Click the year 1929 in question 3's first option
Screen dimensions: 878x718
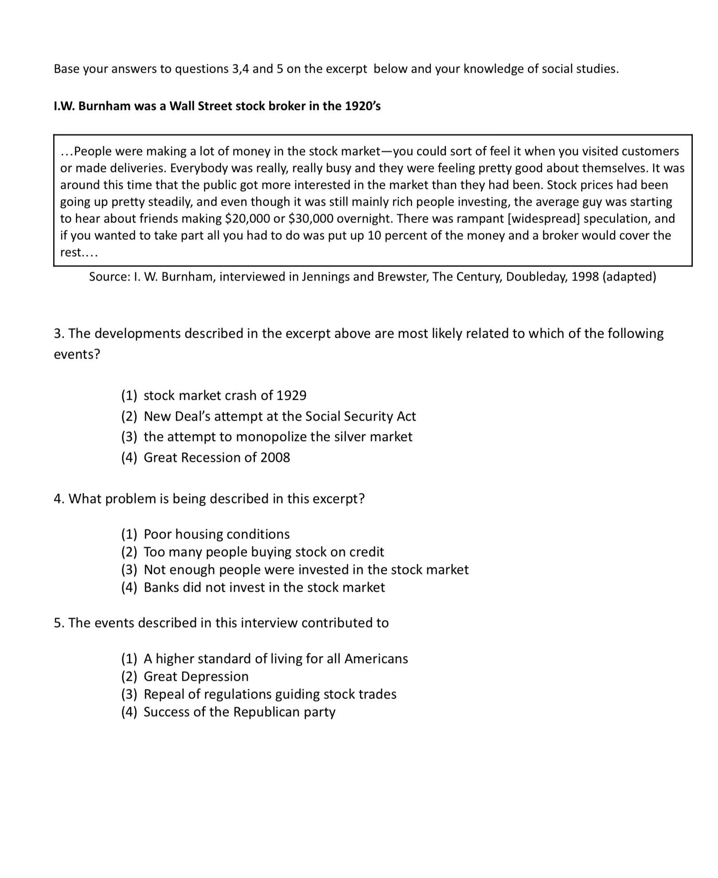[291, 395]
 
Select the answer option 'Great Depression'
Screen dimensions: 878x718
[196, 676]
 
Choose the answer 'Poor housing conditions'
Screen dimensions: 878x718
[216, 534]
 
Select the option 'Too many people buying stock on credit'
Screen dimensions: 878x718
[264, 551]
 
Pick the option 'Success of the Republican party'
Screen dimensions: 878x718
[239, 711]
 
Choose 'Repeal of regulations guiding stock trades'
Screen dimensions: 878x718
[270, 694]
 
